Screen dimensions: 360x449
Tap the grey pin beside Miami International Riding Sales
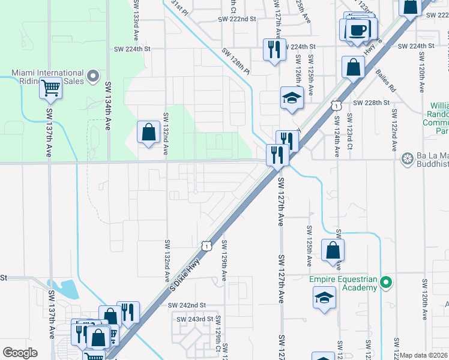click(92, 76)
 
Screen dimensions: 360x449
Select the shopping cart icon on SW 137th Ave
click(50, 89)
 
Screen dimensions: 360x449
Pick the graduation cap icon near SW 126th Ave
click(292, 98)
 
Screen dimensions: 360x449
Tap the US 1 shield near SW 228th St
click(336, 106)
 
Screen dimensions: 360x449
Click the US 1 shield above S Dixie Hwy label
click(206, 245)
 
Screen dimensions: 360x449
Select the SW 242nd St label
click(187, 305)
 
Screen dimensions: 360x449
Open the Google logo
click(20, 353)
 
